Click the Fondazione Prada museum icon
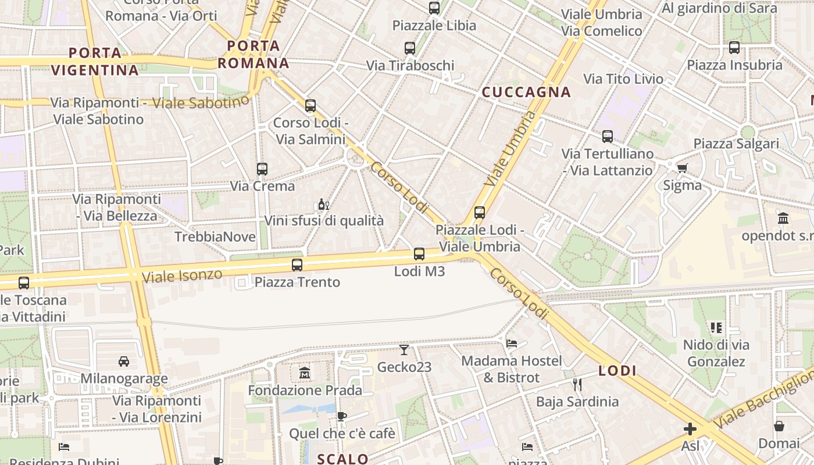[x=305, y=373]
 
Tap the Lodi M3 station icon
[x=419, y=254]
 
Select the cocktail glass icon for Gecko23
[x=404, y=349]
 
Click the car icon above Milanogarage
[x=124, y=361]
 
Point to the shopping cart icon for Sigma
[x=682, y=168]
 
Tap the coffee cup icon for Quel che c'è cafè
[x=342, y=416]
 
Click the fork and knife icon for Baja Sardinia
[x=577, y=384]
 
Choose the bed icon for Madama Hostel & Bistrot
[x=512, y=343]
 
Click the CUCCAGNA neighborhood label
[x=526, y=92]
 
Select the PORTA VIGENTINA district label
[x=95, y=62]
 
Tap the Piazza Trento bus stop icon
[x=297, y=265]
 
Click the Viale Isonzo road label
[x=182, y=276]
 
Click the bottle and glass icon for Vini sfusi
[x=324, y=204]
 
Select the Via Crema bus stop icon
[x=262, y=169]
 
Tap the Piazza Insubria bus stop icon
[x=734, y=48]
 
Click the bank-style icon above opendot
[x=783, y=219]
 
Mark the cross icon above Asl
[x=690, y=429]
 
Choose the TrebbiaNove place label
[x=215, y=237]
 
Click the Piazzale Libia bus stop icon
[x=434, y=8]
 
